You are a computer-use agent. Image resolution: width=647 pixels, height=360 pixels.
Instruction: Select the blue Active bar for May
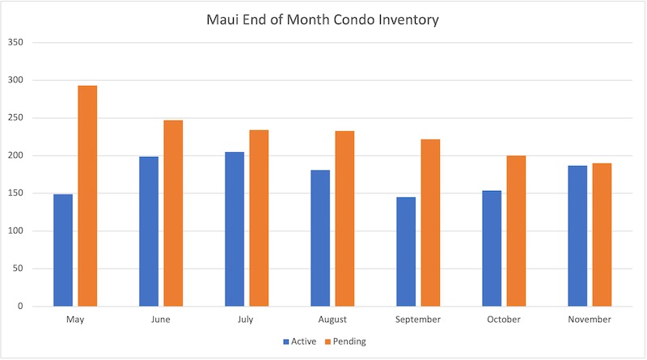point(63,250)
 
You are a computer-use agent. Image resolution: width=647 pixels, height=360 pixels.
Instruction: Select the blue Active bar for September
point(406,252)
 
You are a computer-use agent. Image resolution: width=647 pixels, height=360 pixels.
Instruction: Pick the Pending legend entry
point(345,341)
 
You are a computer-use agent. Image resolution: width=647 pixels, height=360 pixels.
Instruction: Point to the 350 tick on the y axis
point(15,42)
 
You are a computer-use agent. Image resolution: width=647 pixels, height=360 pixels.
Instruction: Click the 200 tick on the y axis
point(15,155)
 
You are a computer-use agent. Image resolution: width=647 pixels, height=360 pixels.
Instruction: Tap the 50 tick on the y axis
point(18,269)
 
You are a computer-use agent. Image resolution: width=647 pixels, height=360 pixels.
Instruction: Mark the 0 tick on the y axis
point(20,307)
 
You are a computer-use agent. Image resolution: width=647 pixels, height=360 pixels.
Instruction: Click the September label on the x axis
point(418,320)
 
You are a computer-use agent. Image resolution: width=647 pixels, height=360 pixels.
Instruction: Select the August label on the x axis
point(332,320)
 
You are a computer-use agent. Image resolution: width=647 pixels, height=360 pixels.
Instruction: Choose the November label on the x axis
point(590,320)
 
